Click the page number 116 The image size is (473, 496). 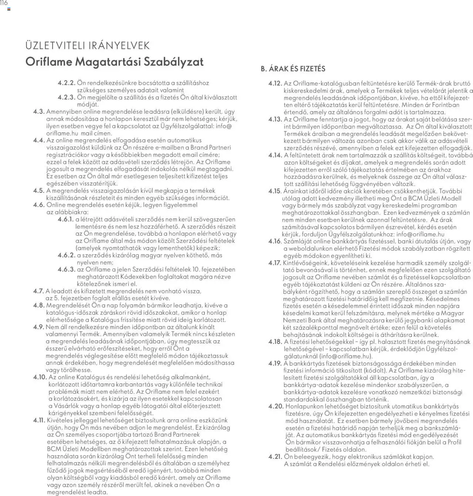(x=4, y=3)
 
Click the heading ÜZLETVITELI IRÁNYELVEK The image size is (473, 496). (x=88, y=46)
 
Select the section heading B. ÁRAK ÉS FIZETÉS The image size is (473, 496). (x=293, y=69)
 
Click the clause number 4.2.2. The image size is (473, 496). (x=67, y=83)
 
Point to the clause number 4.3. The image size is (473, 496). (x=39, y=112)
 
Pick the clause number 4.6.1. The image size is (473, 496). (x=66, y=219)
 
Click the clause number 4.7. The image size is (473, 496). (x=38, y=291)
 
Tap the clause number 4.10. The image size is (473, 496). (x=40, y=377)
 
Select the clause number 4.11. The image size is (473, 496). (x=39, y=420)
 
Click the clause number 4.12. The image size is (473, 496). (x=275, y=83)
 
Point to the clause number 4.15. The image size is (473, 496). (x=275, y=191)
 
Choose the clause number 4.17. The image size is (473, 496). (x=275, y=263)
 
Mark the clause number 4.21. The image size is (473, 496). (x=275, y=457)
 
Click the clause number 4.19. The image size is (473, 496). (x=275, y=363)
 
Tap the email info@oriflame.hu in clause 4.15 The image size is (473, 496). (x=420, y=234)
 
